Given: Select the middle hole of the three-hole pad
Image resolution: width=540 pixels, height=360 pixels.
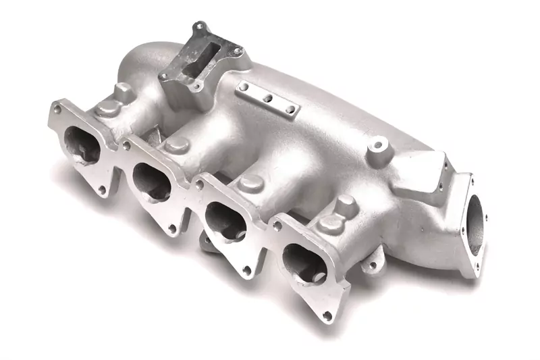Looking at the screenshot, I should pos(268,99).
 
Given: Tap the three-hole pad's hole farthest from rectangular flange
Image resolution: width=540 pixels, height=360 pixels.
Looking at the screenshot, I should pos(290,109).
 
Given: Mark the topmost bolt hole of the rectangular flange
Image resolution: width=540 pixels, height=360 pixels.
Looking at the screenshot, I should pos(200,27).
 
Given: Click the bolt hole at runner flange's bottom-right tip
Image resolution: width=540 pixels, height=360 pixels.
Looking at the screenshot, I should pos(327,315).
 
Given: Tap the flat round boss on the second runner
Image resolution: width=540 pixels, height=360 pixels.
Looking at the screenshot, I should pos(178,144).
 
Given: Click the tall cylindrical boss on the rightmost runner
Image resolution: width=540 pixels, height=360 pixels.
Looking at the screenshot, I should pos(346,205).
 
